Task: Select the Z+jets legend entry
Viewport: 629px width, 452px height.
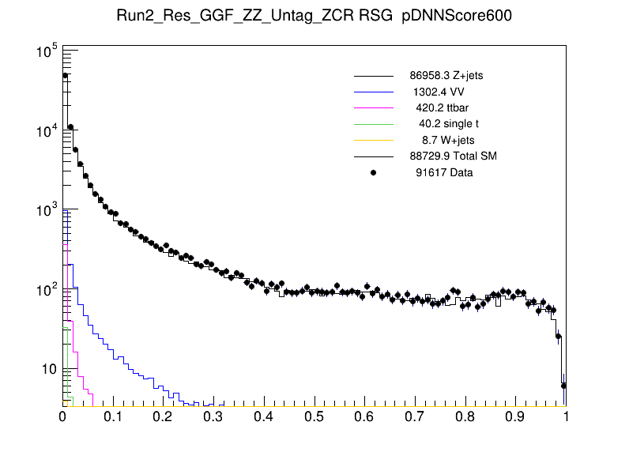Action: [x=446, y=76]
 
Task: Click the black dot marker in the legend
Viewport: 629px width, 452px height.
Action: [x=374, y=171]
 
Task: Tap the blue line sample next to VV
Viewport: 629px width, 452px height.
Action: [x=374, y=92]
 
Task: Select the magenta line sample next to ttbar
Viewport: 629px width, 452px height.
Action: [x=374, y=107]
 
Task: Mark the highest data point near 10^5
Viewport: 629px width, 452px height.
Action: [x=66, y=76]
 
